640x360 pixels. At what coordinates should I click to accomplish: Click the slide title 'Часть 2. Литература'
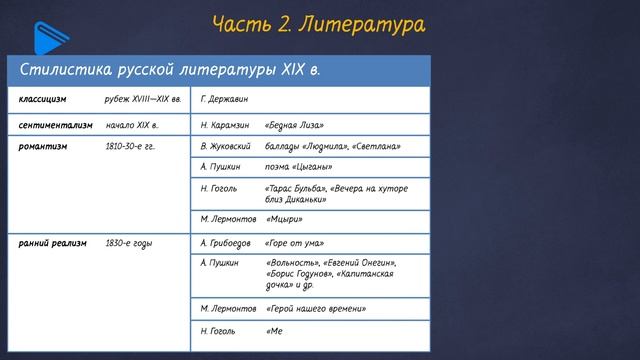click(318, 24)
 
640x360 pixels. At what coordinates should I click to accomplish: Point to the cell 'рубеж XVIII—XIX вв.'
click(142, 100)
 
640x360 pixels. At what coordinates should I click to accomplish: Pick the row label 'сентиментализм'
click(55, 126)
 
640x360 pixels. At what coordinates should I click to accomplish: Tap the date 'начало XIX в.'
click(132, 126)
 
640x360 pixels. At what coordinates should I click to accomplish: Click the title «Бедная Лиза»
click(295, 126)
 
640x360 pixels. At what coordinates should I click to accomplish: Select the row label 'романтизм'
click(43, 145)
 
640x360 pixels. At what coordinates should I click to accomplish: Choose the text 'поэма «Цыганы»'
click(298, 166)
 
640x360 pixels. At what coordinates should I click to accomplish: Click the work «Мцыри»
click(284, 219)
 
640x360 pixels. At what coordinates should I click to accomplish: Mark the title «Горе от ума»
click(296, 243)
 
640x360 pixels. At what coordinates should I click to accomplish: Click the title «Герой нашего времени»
click(315, 309)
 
